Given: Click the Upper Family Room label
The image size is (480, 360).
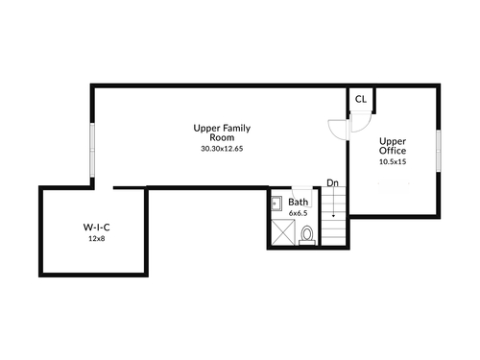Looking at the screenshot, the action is tap(222, 132).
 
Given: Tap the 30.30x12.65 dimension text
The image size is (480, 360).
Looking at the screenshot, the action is tap(222, 149).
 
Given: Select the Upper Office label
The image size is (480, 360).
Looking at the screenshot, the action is tap(393, 146).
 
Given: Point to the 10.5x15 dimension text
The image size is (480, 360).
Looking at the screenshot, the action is tap(393, 161).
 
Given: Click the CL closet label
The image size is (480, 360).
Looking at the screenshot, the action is tap(361, 99).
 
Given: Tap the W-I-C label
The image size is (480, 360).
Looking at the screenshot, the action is tap(97, 228).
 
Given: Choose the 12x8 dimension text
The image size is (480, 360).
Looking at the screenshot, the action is tap(97, 238).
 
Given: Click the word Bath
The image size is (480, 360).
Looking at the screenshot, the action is tap(299, 202).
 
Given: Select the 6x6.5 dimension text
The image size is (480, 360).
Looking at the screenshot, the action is tap(299, 213).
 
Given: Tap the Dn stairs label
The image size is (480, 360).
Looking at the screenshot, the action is tap(332, 182).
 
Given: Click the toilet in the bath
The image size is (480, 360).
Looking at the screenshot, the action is tap(307, 235).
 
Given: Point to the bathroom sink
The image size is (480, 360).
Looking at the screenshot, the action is tap(276, 204).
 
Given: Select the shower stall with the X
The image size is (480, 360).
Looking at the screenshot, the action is tap(283, 232).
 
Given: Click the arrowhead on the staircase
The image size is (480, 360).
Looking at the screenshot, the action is tap(333, 216).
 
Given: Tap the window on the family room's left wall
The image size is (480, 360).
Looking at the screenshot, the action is tap(92, 150).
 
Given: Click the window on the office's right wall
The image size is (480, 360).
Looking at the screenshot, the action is tap(439, 151).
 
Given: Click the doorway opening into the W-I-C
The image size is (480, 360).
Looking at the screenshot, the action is tap(104, 188).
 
